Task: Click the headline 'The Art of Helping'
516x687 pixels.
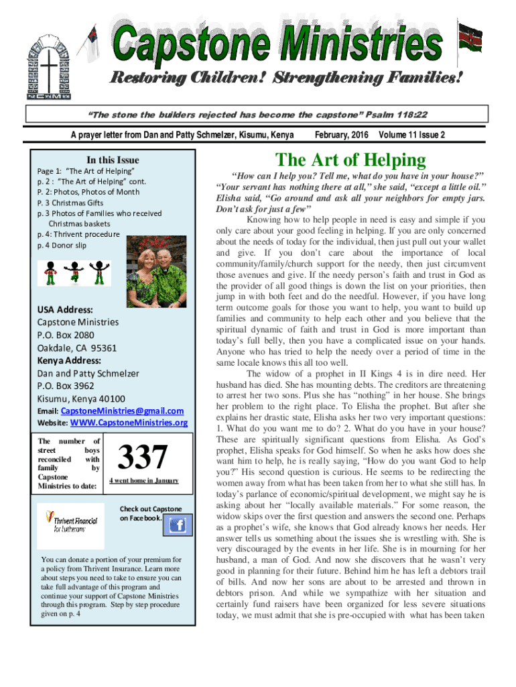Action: click(x=350, y=160)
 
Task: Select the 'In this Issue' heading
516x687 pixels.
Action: click(x=113, y=160)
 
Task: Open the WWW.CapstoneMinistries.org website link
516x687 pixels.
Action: click(x=129, y=423)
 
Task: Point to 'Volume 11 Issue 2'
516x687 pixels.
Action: click(x=412, y=135)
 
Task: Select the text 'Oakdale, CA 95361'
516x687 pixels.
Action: click(x=77, y=348)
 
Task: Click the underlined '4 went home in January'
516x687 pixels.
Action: click(x=144, y=481)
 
